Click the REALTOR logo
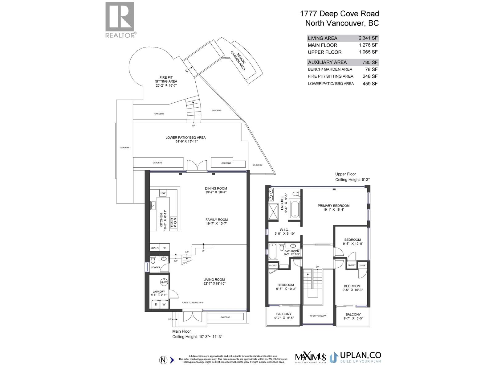[120, 20]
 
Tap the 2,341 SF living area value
[368, 38]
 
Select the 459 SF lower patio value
[370, 84]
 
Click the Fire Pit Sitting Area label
[166, 79]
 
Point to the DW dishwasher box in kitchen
[163, 193]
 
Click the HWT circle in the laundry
[164, 282]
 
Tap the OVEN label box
[155, 248]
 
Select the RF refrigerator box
[165, 248]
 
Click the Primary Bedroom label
[333, 206]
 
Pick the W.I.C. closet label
[284, 230]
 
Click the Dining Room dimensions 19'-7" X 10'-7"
[216, 192]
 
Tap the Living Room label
[214, 280]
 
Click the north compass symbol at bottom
[163, 360]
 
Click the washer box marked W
[164, 304]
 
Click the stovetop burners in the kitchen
[174, 222]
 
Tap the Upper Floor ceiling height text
[352, 180]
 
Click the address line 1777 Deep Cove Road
[339, 14]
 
